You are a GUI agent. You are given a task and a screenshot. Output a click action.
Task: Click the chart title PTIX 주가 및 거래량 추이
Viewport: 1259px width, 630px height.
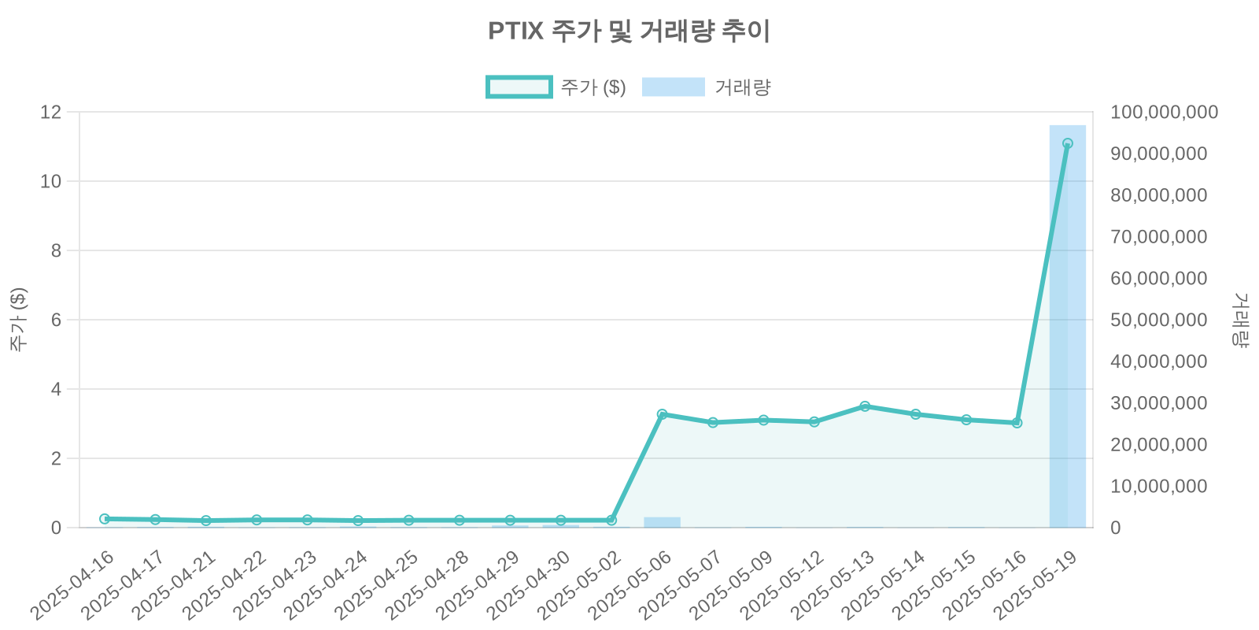tap(629, 31)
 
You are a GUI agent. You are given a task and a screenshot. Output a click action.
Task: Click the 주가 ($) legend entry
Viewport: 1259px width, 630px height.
tap(556, 87)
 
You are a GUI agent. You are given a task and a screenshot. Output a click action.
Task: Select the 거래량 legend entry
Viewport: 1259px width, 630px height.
tap(706, 87)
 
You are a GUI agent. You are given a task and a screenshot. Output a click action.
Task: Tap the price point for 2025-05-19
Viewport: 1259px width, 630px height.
tap(1067, 144)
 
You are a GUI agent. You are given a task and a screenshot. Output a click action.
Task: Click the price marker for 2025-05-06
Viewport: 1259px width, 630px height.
tap(662, 414)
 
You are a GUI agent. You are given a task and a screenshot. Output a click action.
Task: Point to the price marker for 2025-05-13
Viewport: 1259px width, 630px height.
tap(865, 406)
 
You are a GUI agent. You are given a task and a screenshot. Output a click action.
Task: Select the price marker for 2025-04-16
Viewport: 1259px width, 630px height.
tap(105, 519)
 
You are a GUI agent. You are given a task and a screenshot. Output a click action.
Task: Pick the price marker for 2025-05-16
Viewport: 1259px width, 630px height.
tap(1017, 423)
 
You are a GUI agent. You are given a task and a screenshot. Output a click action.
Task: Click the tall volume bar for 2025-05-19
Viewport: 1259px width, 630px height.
tap(1067, 331)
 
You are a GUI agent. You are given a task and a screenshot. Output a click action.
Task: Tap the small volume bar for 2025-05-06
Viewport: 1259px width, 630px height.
tap(662, 522)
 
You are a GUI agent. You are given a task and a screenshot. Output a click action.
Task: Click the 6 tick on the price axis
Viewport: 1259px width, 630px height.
tap(56, 320)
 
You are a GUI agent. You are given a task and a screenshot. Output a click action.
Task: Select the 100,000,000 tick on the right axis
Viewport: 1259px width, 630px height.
tap(1164, 112)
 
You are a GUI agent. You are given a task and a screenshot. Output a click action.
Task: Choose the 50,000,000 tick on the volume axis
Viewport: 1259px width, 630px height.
tap(1158, 320)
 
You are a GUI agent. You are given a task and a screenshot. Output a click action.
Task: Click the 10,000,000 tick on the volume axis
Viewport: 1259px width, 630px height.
tap(1158, 486)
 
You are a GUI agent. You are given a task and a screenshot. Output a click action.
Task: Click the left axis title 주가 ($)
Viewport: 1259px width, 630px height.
tap(18, 320)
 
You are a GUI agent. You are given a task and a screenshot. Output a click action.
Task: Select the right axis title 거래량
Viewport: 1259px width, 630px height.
tap(1240, 320)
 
